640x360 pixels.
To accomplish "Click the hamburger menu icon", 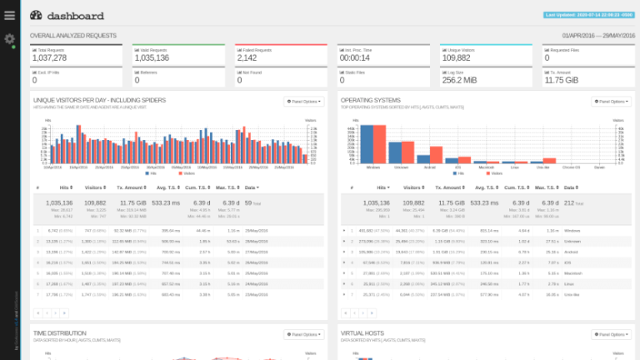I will (x=9, y=15).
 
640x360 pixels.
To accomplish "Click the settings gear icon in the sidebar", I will (x=9, y=39).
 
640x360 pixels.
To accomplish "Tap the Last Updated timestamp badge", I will (x=587, y=14).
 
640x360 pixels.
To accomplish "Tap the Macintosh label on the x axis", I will (x=487, y=167).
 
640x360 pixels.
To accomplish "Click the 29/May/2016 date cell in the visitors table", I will (x=256, y=229).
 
